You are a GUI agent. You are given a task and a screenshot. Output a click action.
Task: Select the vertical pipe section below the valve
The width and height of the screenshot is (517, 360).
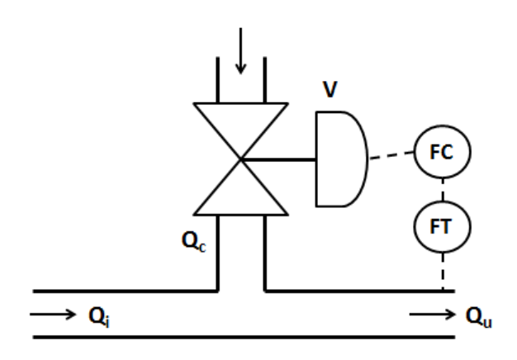pos(240,252)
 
